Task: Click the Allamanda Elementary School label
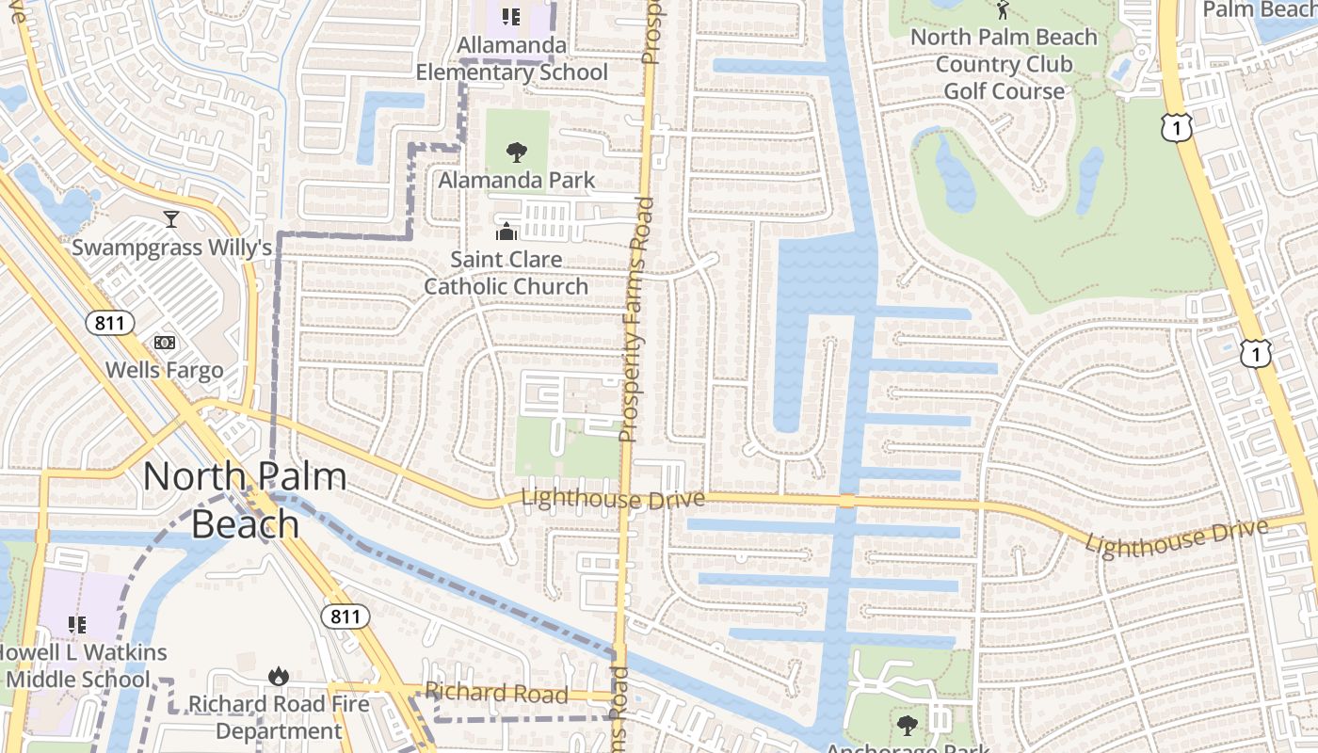tap(512, 58)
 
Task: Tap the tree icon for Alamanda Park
tap(516, 152)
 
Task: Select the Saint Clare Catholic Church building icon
tap(506, 231)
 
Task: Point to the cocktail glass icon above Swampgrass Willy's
tap(170, 219)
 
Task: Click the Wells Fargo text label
tap(165, 370)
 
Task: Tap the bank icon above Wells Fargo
tap(164, 343)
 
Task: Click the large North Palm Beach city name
tap(245, 499)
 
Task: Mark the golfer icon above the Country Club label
tap(1002, 10)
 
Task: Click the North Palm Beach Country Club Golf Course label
tap(1004, 64)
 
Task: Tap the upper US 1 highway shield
tap(1177, 126)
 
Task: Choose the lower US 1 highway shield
tap(1255, 353)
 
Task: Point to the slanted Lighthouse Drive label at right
tap(1176, 537)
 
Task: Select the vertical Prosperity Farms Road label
tap(635, 320)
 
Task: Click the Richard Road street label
tap(496, 694)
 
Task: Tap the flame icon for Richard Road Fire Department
tap(278, 676)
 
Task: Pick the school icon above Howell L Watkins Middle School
tap(77, 624)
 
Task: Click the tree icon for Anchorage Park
tap(907, 725)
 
